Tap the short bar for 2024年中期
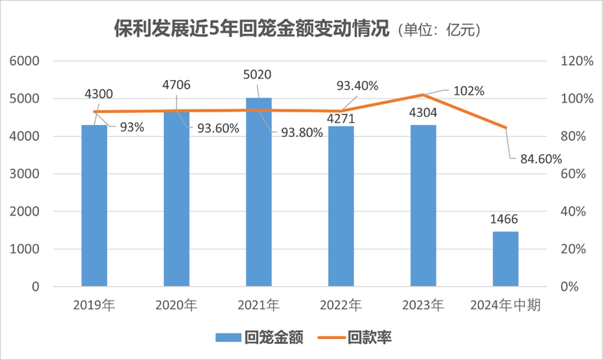tap(505, 259)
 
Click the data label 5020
tap(258, 75)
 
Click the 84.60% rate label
tap(540, 158)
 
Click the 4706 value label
tap(176, 86)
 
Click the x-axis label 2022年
tap(340, 305)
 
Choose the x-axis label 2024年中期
tap(505, 305)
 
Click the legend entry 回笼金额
tap(259, 338)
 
